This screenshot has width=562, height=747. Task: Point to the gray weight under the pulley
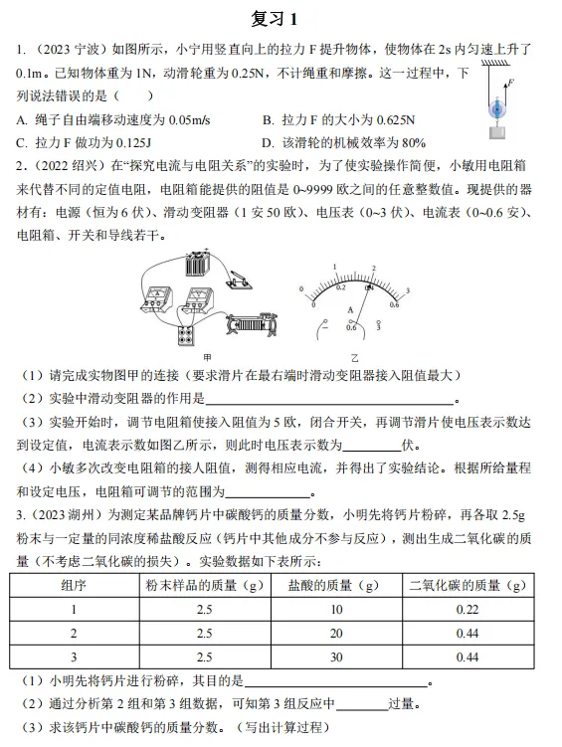[496, 129]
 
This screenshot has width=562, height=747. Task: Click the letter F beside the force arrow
[510, 82]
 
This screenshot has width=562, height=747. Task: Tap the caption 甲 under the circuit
[207, 355]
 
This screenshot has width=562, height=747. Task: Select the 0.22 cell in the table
[467, 609]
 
